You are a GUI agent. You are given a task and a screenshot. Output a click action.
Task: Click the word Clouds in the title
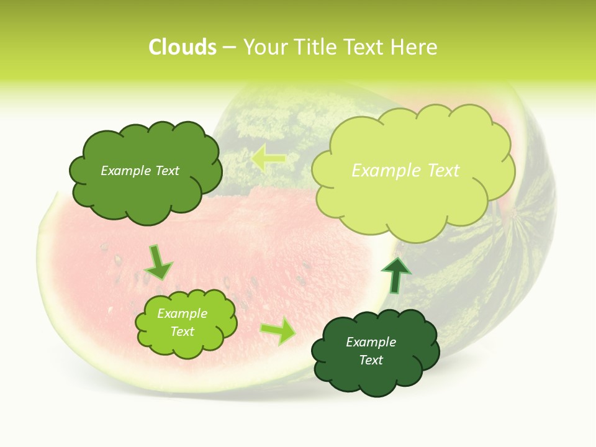point(183,47)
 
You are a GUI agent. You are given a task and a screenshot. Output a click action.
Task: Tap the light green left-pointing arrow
point(268,160)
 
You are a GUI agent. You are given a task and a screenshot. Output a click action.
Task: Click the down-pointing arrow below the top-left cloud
point(158,261)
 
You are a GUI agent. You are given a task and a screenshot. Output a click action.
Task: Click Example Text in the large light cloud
point(405,171)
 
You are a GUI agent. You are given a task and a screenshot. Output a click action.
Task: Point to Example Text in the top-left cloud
point(140,171)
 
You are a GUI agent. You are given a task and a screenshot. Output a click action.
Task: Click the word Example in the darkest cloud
point(371,342)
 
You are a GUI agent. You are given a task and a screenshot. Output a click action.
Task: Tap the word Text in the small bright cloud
point(182,332)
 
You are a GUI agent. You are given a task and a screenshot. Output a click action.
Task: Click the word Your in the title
point(261,47)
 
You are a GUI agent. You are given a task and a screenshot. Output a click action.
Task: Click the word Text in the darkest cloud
point(371,360)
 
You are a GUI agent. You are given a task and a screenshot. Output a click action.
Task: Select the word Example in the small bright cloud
point(182,314)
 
